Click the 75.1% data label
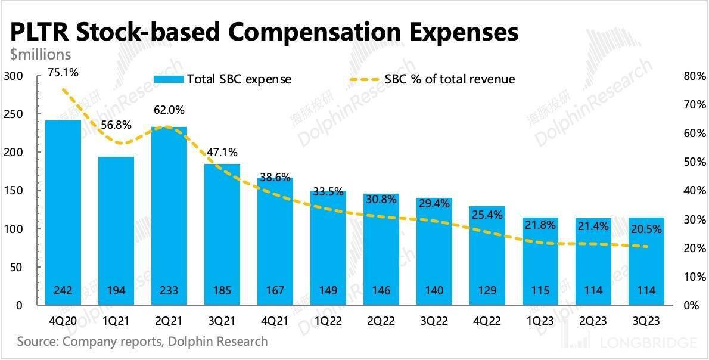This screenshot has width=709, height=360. pos(62,73)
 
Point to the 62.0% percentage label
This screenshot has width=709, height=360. pos(169,110)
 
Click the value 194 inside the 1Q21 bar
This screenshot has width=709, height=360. pos(116,291)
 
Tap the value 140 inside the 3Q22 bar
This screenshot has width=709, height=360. pos(434,291)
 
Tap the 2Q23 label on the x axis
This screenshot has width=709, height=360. pos(593,321)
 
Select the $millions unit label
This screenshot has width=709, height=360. pos(41,55)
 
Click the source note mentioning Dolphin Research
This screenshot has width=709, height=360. pos(142,342)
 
